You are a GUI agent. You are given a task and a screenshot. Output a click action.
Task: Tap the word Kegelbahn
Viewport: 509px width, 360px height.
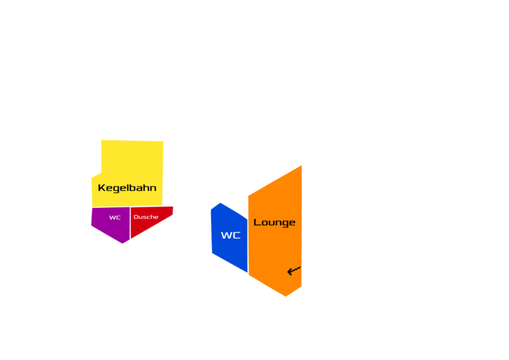127,188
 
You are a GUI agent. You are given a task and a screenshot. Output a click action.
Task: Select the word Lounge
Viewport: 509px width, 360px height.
274,222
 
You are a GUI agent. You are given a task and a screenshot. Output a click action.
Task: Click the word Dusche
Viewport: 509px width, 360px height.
146,217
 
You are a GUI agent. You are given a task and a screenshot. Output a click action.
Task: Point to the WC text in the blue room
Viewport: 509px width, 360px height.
230,235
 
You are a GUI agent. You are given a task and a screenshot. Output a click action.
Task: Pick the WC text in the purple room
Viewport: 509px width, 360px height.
115,218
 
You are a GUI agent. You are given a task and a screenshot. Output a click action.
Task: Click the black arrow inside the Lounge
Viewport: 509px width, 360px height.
293,271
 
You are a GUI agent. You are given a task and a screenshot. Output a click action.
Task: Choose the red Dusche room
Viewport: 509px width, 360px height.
150,224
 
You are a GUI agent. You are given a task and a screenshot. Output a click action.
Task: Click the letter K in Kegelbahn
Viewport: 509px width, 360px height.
101,188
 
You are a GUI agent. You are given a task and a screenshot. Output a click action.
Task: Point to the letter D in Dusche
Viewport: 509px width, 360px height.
136,217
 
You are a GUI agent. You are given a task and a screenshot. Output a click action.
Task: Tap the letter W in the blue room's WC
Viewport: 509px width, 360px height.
226,235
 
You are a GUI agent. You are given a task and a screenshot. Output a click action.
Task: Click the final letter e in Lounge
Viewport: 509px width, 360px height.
292,223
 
